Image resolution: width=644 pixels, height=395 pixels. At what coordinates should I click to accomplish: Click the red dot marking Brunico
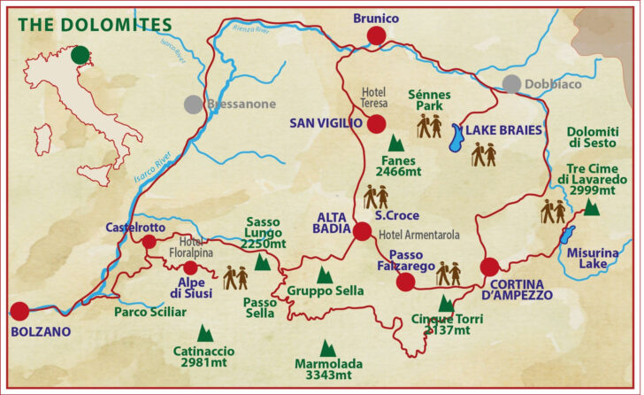(x=376, y=35)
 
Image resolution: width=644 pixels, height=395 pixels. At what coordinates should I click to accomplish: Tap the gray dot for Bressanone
(x=193, y=104)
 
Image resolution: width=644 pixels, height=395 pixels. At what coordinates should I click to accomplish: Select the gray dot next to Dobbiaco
(x=511, y=84)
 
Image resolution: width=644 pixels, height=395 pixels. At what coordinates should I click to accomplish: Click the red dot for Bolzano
(x=19, y=311)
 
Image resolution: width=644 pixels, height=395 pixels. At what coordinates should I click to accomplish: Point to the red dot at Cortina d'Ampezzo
(x=489, y=267)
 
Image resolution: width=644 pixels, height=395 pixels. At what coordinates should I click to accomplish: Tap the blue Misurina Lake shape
(x=568, y=235)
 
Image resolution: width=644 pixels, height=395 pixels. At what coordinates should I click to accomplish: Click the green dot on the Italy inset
(x=80, y=56)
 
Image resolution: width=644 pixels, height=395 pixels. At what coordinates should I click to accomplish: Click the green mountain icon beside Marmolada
(x=327, y=348)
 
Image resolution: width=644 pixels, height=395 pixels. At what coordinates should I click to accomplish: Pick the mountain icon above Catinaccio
(x=204, y=333)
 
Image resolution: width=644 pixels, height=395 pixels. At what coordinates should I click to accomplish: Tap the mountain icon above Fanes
(x=395, y=142)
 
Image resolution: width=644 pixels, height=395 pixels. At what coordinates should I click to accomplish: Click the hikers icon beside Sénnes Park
(x=429, y=126)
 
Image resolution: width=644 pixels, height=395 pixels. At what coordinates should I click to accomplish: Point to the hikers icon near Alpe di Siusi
(x=235, y=278)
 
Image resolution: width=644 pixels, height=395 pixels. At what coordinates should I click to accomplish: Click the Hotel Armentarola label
(x=414, y=236)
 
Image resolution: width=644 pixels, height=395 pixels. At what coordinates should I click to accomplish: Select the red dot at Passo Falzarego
(x=405, y=282)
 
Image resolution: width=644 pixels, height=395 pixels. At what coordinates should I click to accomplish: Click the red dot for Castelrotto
(x=149, y=242)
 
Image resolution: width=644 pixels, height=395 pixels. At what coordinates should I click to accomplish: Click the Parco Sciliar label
(x=143, y=312)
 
